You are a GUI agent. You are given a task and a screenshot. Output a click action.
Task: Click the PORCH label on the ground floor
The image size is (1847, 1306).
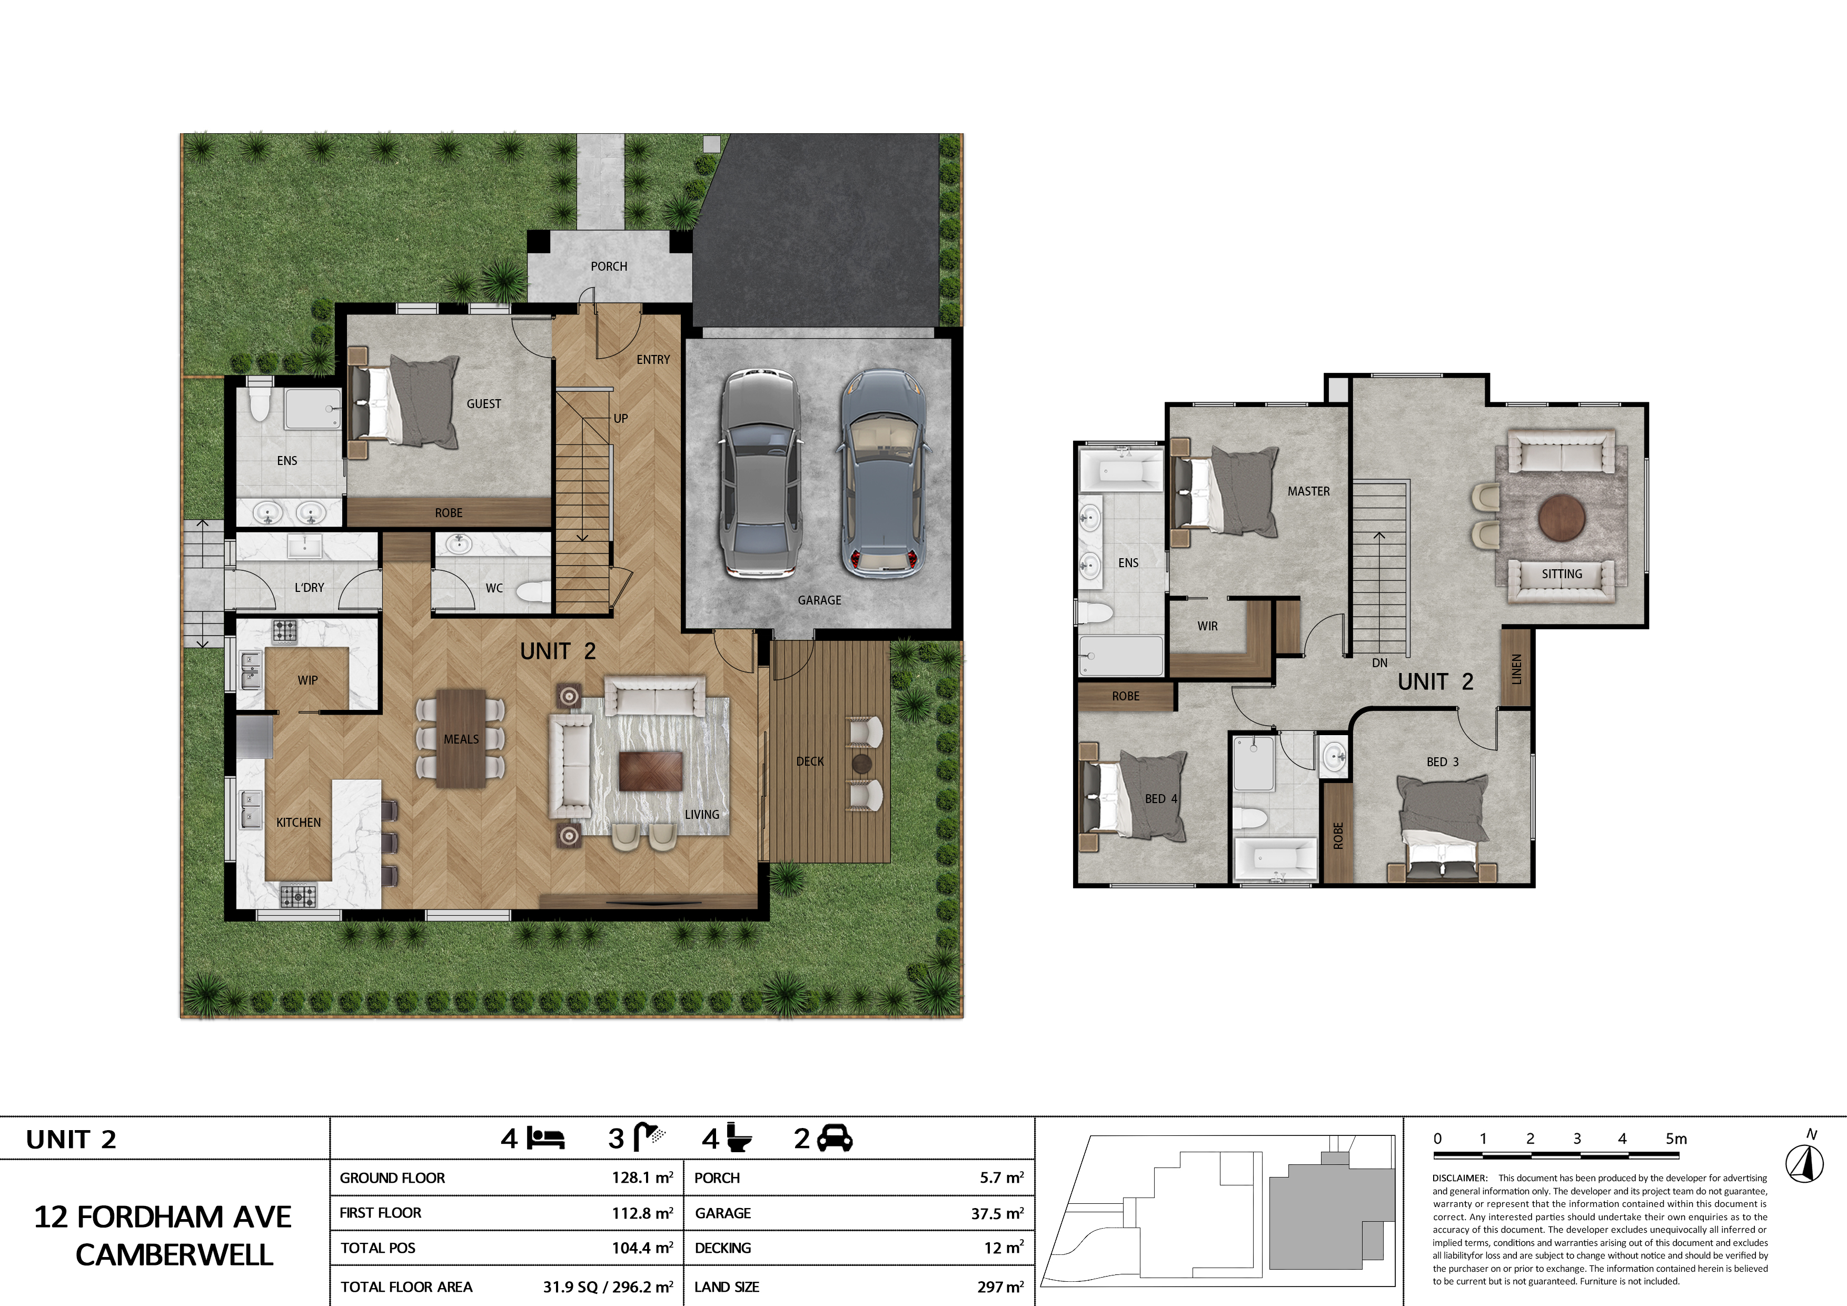tap(609, 266)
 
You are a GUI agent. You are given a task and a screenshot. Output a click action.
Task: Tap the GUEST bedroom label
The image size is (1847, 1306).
tap(483, 404)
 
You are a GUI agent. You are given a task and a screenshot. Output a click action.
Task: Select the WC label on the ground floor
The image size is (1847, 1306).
tap(494, 588)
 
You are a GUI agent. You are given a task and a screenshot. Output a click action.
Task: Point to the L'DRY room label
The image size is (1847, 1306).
tap(309, 587)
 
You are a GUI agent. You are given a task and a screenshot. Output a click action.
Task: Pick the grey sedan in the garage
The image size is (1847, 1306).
tap(760, 474)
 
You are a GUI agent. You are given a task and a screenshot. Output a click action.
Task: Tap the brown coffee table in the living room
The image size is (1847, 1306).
tap(651, 771)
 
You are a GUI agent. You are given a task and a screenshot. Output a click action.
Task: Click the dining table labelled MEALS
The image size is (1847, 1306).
tap(461, 738)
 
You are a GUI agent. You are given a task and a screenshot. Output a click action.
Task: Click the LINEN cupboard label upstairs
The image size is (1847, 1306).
tap(1516, 669)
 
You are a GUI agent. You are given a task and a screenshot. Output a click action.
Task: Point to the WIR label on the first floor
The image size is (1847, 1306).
tap(1207, 626)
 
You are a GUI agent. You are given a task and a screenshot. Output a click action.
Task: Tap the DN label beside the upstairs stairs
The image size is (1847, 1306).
tap(1379, 663)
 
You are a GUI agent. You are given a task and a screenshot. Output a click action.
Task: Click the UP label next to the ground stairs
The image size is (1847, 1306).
tap(620, 419)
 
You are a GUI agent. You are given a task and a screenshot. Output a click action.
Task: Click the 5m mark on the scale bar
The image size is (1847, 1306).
tap(1676, 1139)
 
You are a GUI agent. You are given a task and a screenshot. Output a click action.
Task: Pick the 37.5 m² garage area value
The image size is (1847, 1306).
tap(997, 1213)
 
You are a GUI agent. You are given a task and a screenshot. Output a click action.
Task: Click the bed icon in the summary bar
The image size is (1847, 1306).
tap(546, 1138)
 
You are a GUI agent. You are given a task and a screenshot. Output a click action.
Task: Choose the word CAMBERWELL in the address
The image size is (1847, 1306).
tap(175, 1254)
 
